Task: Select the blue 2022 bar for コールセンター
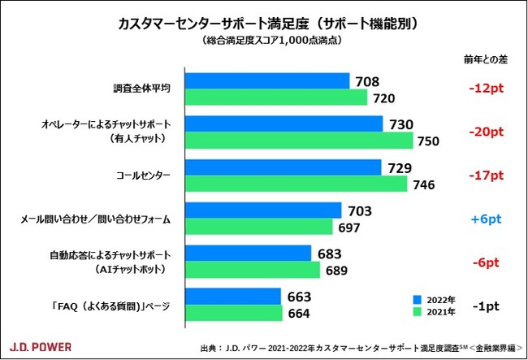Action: coord(283,167)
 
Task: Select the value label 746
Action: coord(425,184)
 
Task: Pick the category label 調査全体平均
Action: coord(141,89)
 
